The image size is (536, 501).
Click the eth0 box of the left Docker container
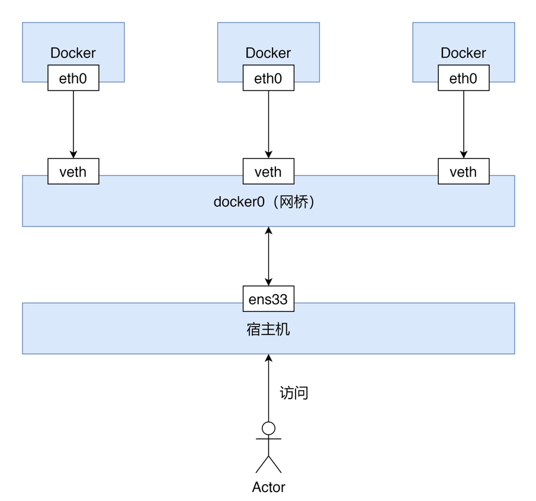click(73, 78)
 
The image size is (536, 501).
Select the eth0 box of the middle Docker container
click(268, 78)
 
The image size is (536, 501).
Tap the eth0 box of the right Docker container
click(463, 78)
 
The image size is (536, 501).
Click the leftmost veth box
click(73, 172)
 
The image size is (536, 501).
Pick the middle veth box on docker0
click(268, 172)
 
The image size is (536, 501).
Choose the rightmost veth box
click(463, 172)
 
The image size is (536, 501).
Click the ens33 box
click(268, 299)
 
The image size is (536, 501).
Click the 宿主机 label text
click(268, 330)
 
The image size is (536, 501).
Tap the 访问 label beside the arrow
click(294, 392)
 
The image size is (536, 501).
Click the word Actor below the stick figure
click(268, 487)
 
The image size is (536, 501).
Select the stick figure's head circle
click(268, 428)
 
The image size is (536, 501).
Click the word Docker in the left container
click(73, 53)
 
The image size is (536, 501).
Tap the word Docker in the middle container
click(268, 53)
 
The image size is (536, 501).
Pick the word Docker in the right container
click(463, 53)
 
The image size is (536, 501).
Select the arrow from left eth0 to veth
click(73, 125)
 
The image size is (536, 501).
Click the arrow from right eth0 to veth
click(464, 125)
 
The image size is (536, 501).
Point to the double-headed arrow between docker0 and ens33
click(268, 256)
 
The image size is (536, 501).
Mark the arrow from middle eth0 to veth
click(268, 125)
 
